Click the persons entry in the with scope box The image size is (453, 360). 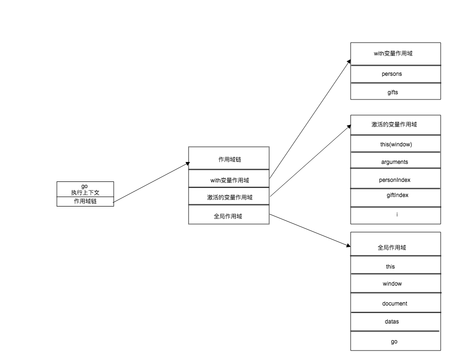click(x=392, y=74)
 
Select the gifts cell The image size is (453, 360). click(x=393, y=92)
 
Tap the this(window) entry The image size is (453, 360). click(x=393, y=144)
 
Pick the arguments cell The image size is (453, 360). click(x=394, y=162)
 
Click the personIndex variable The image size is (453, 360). click(x=394, y=180)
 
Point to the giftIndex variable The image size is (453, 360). click(x=397, y=195)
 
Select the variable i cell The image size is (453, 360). click(x=397, y=215)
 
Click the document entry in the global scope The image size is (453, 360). click(x=394, y=304)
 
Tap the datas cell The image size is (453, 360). click(x=392, y=322)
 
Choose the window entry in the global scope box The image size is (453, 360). click(x=392, y=284)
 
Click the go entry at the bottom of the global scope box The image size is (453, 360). click(x=394, y=342)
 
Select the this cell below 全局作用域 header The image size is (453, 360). click(x=390, y=267)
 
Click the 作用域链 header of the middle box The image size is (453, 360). click(x=229, y=160)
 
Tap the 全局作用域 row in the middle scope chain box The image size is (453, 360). click(x=228, y=216)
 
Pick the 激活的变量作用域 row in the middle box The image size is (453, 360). click(x=229, y=198)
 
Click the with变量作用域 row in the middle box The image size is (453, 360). click(x=229, y=180)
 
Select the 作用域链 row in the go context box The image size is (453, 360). click(x=85, y=202)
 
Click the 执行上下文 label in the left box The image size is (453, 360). click(x=85, y=192)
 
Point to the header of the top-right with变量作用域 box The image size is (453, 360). click(x=393, y=54)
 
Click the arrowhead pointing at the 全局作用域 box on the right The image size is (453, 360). click(x=348, y=246)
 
